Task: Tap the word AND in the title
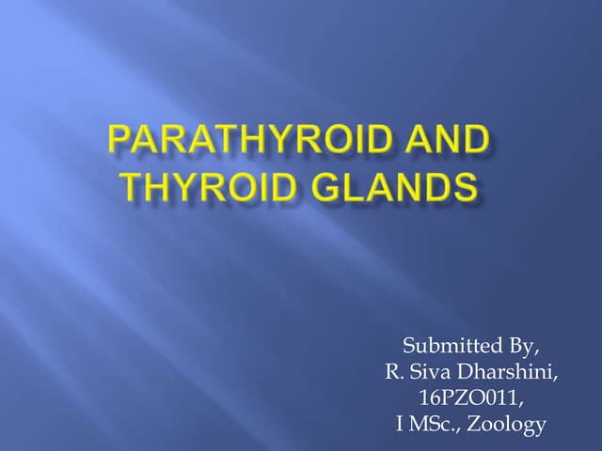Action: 450,142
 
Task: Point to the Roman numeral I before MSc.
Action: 400,425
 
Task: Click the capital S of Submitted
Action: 408,345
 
